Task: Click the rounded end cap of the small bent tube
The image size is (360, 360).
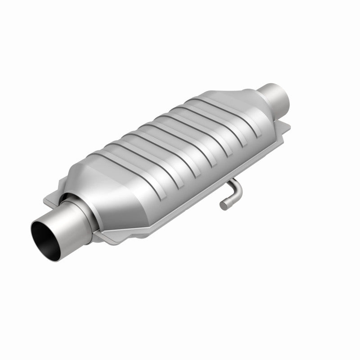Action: pyautogui.click(x=224, y=205)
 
